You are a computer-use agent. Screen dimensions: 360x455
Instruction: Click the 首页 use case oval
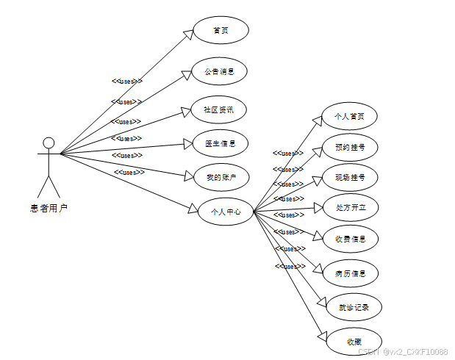coord(221,30)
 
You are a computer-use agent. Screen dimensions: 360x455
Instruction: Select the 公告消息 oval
coord(218,71)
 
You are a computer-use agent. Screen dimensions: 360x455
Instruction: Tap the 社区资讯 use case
coord(218,110)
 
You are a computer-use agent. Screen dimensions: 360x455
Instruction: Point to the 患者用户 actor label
coord(49,209)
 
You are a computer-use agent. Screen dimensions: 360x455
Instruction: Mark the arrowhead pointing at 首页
coord(188,35)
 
